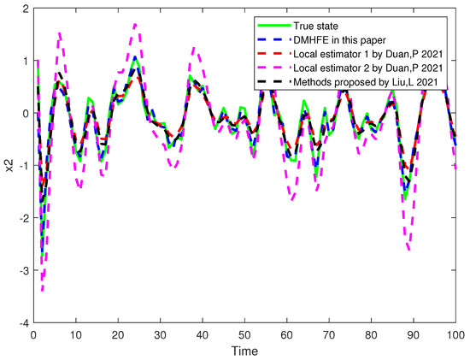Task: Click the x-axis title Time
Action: click(x=245, y=350)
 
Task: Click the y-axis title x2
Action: click(x=9, y=165)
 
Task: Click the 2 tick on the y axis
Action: click(x=26, y=9)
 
